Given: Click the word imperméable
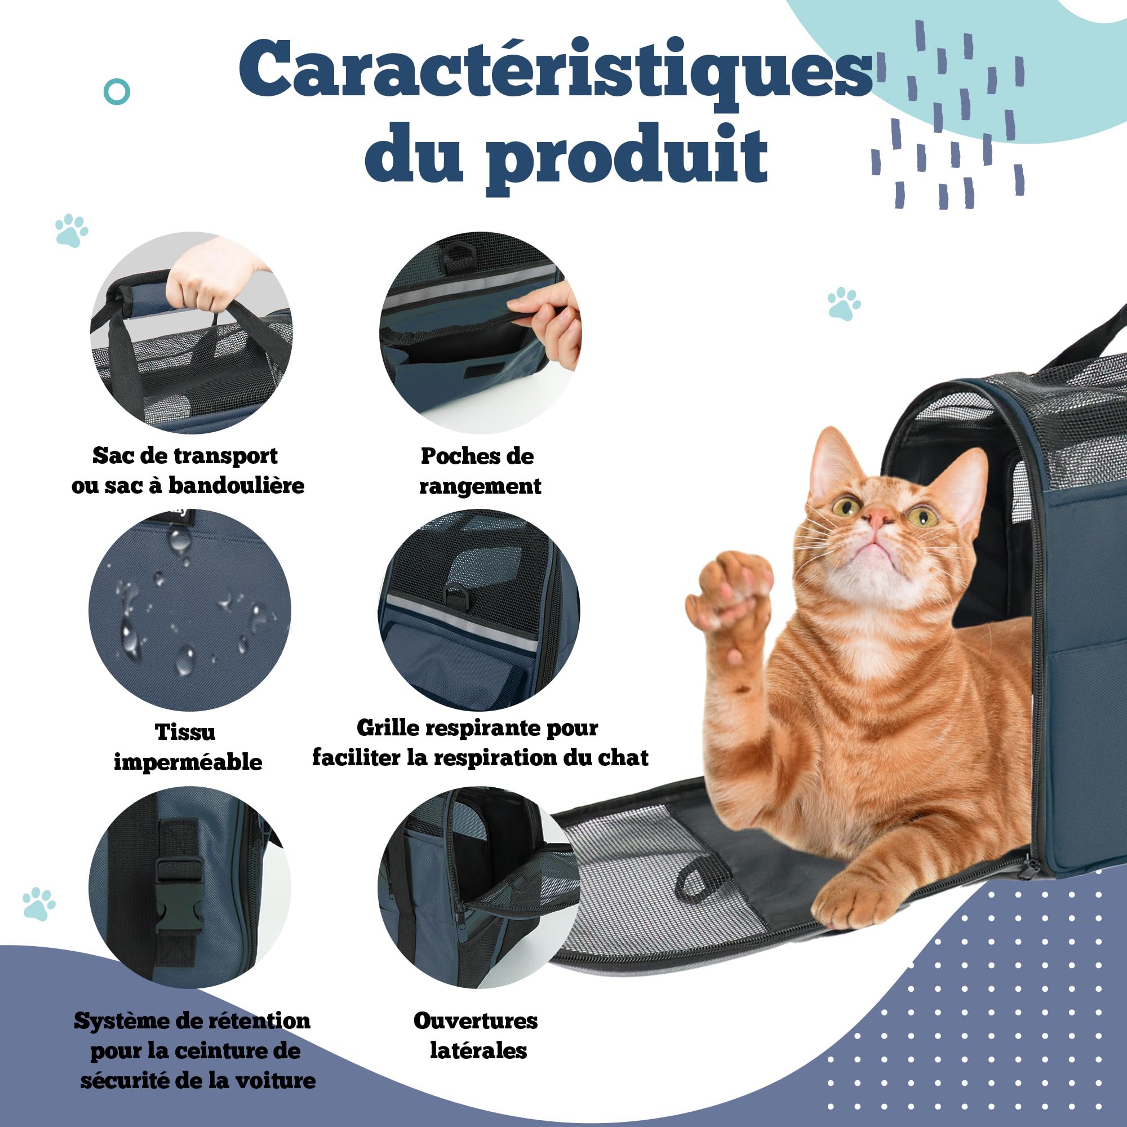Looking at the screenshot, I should pos(188,762).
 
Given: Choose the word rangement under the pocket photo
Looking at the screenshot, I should pos(480,486).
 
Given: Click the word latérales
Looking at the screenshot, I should pos(478,1050).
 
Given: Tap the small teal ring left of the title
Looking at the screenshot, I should pos(117,92).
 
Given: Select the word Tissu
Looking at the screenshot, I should pos(185,732).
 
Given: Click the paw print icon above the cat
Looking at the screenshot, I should pos(844,303).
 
